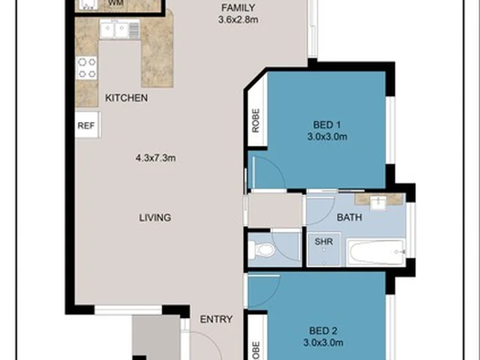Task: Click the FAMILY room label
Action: [238, 9]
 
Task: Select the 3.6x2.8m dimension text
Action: [238, 20]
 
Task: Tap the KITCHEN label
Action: [126, 98]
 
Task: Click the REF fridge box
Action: [87, 125]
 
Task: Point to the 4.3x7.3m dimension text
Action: [155, 158]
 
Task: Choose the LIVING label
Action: [155, 217]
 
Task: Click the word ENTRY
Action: [216, 319]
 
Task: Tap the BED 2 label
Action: [327, 331]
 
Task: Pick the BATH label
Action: [349, 217]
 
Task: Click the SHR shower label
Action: [323, 241]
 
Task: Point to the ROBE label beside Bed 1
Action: [256, 121]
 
